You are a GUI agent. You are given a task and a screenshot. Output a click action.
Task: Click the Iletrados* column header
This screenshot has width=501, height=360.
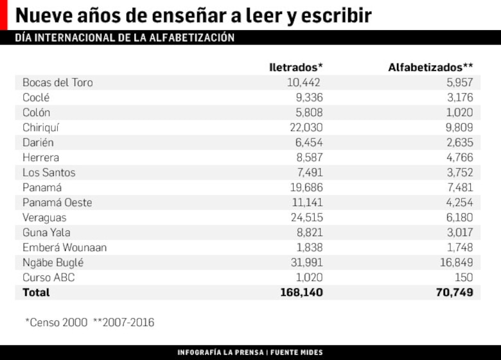(x=295, y=67)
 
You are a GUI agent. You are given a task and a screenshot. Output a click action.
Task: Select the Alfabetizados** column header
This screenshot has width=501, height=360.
(x=430, y=67)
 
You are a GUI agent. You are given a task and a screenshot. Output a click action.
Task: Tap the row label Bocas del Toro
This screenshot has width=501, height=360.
(x=57, y=82)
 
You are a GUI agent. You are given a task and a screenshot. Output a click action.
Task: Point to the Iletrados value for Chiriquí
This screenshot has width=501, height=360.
(x=306, y=127)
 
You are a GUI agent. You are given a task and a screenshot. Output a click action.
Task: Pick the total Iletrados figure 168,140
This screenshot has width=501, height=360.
(x=301, y=292)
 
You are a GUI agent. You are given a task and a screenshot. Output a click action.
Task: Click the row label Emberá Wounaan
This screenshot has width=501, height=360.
(x=64, y=247)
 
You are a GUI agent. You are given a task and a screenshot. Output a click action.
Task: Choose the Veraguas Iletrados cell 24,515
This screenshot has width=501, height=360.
(x=306, y=218)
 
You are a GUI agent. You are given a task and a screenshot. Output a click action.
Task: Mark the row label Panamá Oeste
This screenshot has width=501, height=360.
(x=57, y=202)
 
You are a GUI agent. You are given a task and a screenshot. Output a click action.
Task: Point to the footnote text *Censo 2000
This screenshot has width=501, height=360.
(x=56, y=322)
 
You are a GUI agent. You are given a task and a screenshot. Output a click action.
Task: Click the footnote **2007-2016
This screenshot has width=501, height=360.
(x=123, y=322)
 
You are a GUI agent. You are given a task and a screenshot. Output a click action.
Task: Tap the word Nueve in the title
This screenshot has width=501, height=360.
(x=42, y=15)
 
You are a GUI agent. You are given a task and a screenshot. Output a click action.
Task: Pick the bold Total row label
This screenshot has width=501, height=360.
(x=36, y=292)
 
